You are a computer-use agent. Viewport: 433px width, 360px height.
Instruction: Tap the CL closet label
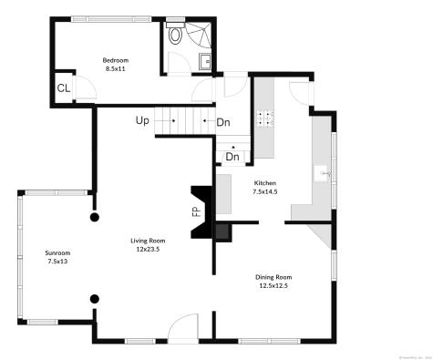(64, 88)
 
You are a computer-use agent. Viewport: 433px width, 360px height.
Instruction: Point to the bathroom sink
(205, 61)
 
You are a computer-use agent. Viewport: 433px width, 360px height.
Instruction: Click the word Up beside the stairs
(143, 120)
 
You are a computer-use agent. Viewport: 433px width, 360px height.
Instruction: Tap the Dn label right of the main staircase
(223, 122)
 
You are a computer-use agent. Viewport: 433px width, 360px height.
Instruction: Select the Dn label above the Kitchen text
(232, 157)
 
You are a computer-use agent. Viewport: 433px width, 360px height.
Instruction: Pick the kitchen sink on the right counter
(324, 171)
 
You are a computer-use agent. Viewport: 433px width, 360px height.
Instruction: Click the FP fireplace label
(196, 211)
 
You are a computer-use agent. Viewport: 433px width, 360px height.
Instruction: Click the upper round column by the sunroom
(94, 218)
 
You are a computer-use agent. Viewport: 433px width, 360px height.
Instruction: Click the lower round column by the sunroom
(94, 298)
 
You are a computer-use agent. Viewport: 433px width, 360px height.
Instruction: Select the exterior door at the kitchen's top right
(299, 94)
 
